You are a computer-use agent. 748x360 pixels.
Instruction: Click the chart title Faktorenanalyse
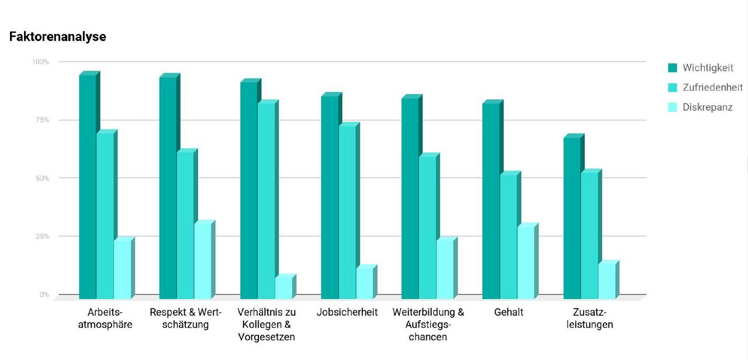[57, 37]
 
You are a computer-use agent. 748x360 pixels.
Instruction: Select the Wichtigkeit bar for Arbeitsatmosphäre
[88, 187]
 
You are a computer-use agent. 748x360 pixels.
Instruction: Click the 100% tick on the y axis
[40, 62]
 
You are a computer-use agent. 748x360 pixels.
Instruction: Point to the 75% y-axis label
[41, 120]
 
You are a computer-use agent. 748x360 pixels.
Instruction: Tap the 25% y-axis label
[41, 236]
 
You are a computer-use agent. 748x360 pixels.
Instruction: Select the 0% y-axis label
[44, 295]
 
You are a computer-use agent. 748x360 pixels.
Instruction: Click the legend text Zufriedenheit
[712, 88]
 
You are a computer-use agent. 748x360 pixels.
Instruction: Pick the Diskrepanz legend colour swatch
[673, 108]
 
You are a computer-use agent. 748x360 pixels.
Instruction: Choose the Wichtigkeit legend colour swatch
[673, 68]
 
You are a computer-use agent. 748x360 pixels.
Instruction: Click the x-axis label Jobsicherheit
[347, 312]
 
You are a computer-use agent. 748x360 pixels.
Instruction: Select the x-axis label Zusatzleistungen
[589, 319]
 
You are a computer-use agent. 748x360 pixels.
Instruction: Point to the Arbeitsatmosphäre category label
[105, 319]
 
